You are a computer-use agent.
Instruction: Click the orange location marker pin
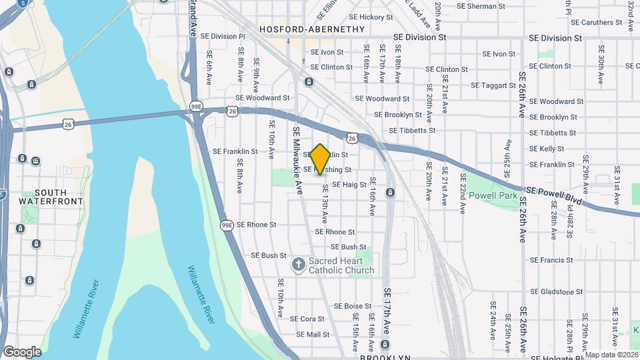(321, 159)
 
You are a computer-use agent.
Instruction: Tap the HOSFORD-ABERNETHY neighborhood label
(312, 29)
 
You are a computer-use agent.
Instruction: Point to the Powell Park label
(493, 196)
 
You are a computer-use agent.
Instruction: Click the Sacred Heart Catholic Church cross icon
(298, 265)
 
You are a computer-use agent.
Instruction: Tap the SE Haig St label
(349, 185)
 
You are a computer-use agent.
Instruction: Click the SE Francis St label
(551, 260)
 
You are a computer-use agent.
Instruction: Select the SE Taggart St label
(494, 85)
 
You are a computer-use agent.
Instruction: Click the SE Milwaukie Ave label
(297, 161)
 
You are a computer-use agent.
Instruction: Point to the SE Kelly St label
(547, 149)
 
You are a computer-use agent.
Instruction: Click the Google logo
(22, 351)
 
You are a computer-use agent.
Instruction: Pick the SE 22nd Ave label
(461, 193)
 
